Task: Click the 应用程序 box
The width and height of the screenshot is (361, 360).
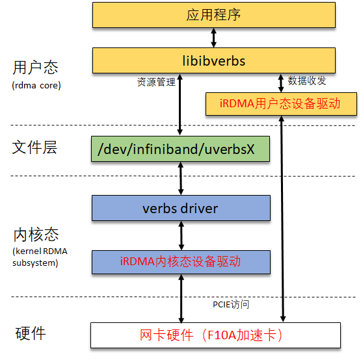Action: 214,15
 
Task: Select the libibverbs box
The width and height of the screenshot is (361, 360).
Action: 214,60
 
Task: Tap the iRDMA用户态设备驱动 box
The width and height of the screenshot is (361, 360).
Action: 281,104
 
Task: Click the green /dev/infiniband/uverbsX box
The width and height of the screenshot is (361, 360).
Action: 181,149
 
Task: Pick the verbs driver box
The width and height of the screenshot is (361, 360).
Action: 181,208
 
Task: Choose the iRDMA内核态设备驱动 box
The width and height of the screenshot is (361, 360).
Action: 181,262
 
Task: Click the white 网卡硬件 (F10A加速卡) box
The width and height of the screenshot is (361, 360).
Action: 215,335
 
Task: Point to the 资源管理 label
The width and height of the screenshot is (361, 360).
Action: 156,82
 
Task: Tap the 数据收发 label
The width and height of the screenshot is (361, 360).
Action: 307,81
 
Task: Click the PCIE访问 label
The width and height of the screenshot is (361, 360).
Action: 231,304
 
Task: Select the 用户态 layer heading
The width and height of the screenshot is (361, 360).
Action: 35,68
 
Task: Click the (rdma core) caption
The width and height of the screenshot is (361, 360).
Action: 36,85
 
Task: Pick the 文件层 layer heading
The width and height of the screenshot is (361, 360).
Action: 34,148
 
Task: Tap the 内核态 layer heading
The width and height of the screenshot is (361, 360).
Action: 36,235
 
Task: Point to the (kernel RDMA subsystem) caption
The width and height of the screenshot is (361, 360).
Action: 40,257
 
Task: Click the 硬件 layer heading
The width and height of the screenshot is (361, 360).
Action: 31,333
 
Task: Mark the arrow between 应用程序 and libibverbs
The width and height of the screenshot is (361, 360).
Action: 213,38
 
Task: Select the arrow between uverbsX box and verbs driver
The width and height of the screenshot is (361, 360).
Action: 181,178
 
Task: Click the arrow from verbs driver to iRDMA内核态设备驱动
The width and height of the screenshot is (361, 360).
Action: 181,235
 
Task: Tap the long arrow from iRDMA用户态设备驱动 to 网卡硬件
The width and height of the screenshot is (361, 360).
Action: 282,219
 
